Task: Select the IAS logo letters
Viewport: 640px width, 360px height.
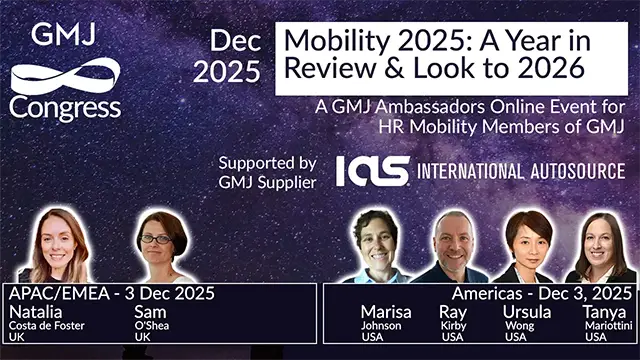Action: [372, 170]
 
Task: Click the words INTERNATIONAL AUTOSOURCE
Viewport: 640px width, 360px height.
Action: [520, 171]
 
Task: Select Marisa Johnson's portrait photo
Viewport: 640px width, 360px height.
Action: [379, 246]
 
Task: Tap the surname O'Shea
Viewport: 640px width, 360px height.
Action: [153, 325]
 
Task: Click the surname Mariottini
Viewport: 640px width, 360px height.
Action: [609, 325]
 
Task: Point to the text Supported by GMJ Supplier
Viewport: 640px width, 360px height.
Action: [267, 172]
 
